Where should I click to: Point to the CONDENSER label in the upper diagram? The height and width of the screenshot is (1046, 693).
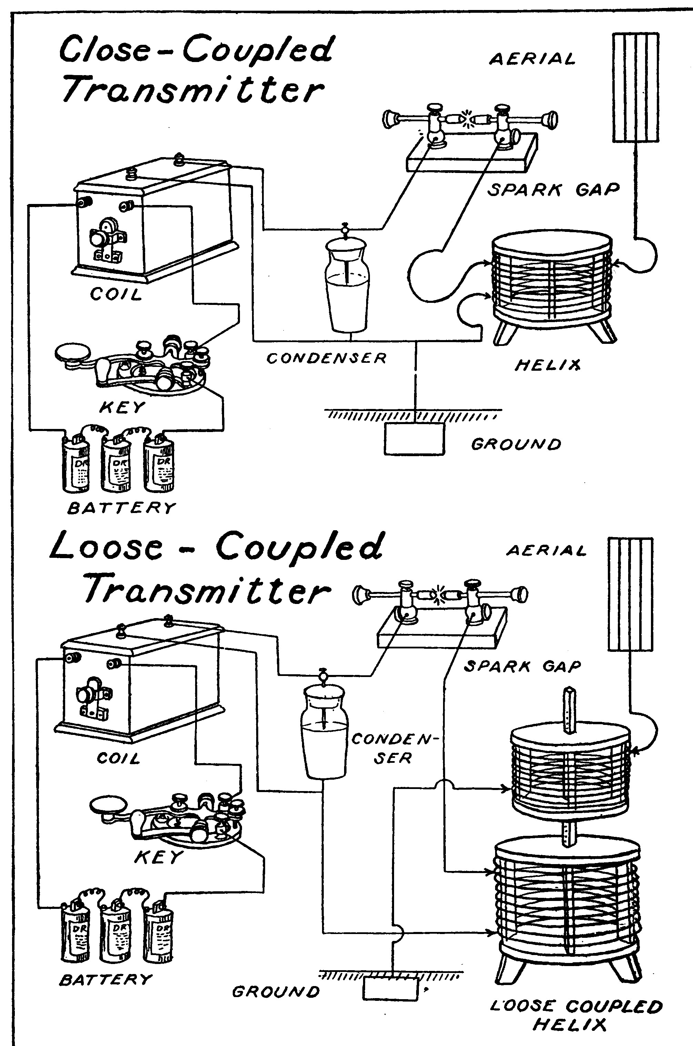[x=326, y=358]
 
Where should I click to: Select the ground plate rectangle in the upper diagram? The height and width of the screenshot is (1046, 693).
[x=414, y=439]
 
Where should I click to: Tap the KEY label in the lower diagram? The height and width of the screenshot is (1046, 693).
[x=158, y=858]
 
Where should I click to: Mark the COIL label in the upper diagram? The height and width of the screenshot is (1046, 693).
[x=116, y=295]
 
